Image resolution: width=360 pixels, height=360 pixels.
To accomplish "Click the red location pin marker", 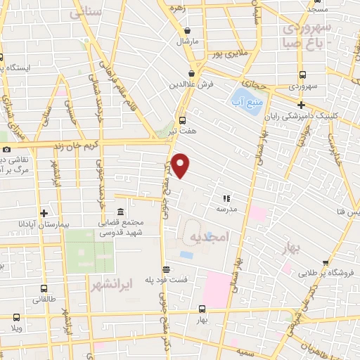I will pos(181,165).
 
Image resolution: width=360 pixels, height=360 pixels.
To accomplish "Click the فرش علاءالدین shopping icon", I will pos(191,73).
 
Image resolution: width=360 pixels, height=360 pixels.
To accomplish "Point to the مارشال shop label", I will pos(188,42).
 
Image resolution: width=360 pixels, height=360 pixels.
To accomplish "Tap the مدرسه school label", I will pos(226,210).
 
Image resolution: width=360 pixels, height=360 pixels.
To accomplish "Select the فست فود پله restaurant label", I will pos(167,280).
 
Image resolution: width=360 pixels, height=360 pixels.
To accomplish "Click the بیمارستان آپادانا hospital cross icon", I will pos(44,212).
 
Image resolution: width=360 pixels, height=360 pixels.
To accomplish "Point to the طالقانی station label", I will pos(44,299).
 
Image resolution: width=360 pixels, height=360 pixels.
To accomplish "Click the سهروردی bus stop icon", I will pos(302,75).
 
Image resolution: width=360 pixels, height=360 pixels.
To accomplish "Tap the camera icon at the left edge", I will pos(6,149).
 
